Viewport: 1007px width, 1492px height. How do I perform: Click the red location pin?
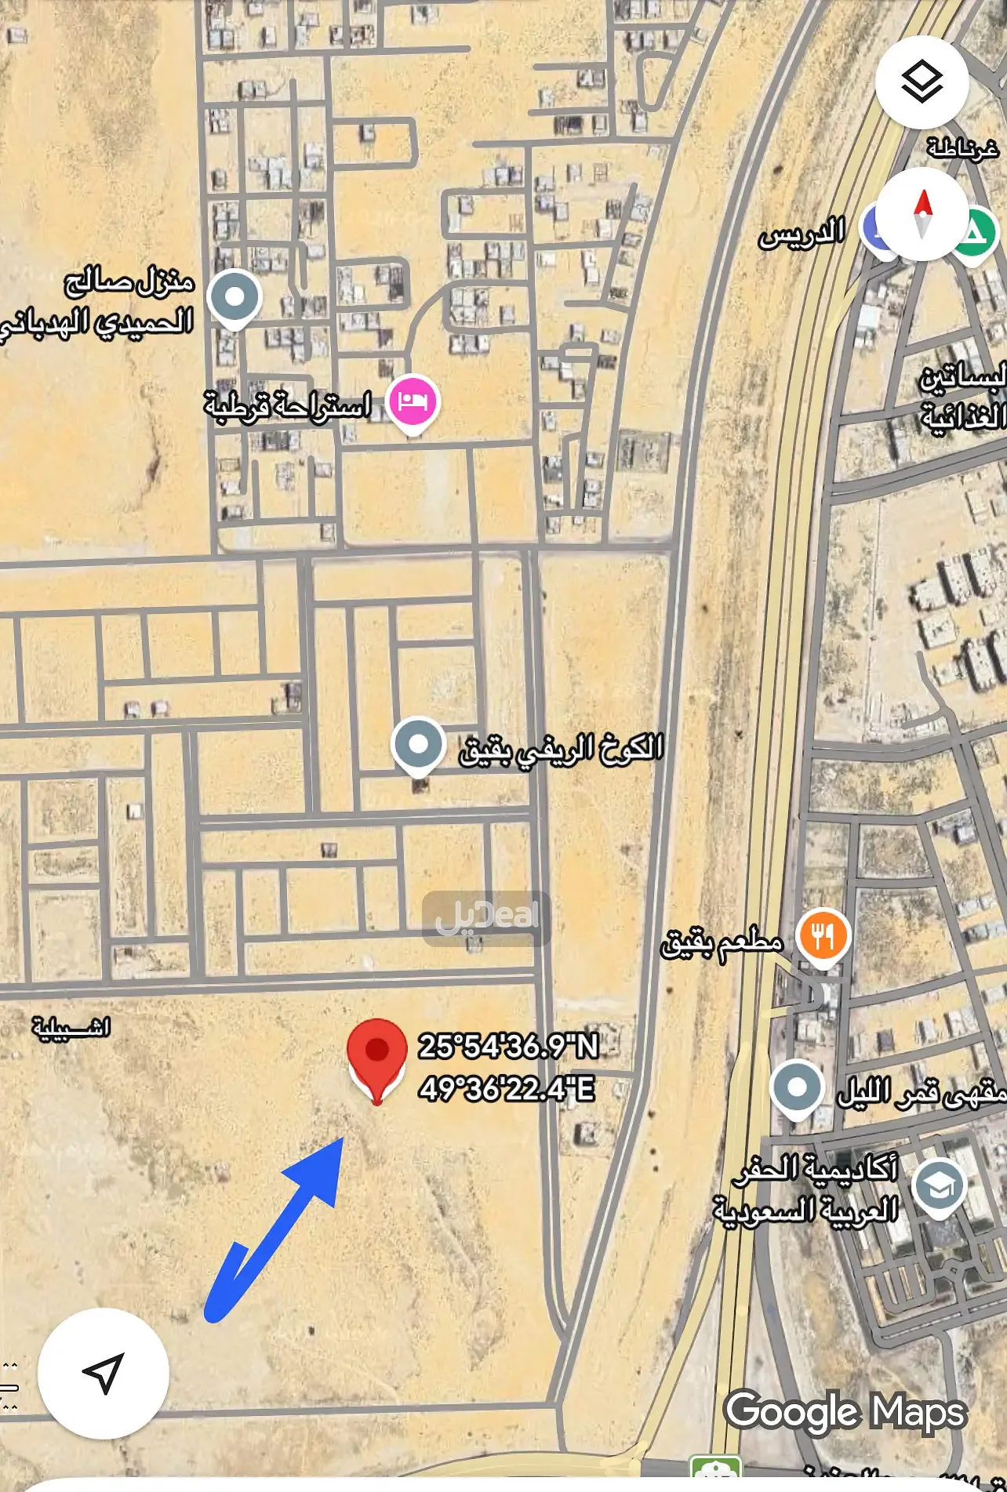click(x=376, y=1055)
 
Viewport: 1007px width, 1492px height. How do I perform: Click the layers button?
click(x=922, y=82)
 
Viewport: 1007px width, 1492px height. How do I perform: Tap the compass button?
click(x=922, y=213)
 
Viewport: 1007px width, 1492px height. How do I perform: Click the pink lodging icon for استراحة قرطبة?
click(x=413, y=402)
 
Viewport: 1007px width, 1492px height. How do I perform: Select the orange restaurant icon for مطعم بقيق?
click(x=822, y=936)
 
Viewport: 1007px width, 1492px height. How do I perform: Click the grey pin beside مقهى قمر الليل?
click(x=797, y=1087)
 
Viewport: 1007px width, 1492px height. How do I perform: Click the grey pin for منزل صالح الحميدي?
click(x=234, y=297)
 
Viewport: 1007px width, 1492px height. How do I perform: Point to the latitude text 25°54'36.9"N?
click(x=508, y=1046)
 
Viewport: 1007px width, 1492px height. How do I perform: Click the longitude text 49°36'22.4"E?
click(x=507, y=1089)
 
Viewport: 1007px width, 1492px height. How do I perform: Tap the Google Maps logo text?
click(x=845, y=1412)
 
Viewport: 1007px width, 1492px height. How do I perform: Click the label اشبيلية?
click(x=71, y=1027)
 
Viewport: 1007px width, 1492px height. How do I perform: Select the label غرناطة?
click(x=962, y=147)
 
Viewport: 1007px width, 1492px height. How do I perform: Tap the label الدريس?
click(x=802, y=234)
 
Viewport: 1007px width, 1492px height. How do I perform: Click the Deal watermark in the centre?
click(x=486, y=917)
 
